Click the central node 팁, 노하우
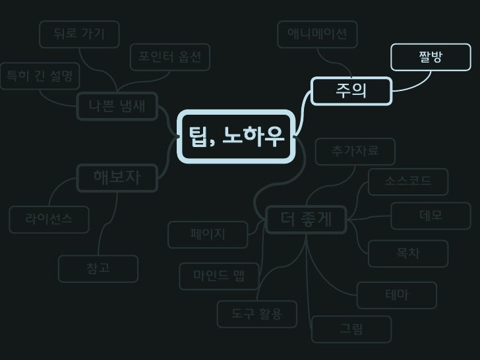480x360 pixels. (x=236, y=136)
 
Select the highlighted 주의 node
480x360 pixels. (x=351, y=91)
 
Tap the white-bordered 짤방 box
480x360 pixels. (x=431, y=57)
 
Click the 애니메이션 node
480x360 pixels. (x=317, y=34)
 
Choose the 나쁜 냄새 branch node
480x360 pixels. (x=117, y=105)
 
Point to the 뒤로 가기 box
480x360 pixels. (x=79, y=34)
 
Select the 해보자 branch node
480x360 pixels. (x=117, y=177)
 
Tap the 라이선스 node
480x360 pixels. (x=49, y=220)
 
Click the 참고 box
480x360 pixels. (x=98, y=268)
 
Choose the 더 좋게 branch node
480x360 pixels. (x=306, y=220)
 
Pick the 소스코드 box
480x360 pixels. (x=409, y=181)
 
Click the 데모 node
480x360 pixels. (x=431, y=216)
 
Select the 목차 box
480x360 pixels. (x=408, y=253)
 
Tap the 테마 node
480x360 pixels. (x=397, y=295)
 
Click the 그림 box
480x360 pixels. (x=351, y=329)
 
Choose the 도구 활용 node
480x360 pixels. (x=256, y=314)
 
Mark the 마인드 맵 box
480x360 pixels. (x=219, y=276)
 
